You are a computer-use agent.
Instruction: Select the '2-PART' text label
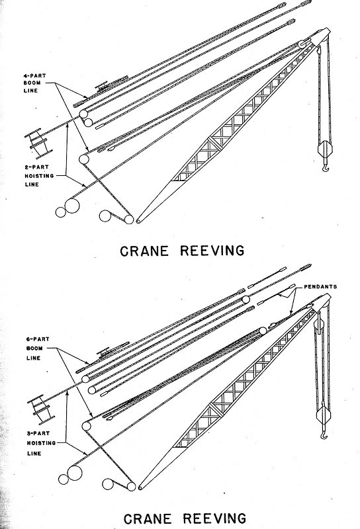[30, 168]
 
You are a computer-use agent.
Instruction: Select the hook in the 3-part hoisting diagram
[325, 437]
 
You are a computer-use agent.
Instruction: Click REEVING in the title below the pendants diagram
[206, 516]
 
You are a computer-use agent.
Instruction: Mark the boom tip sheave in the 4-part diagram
[302, 46]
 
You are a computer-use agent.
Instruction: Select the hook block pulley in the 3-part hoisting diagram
[324, 416]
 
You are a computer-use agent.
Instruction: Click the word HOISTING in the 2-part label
[31, 176]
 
